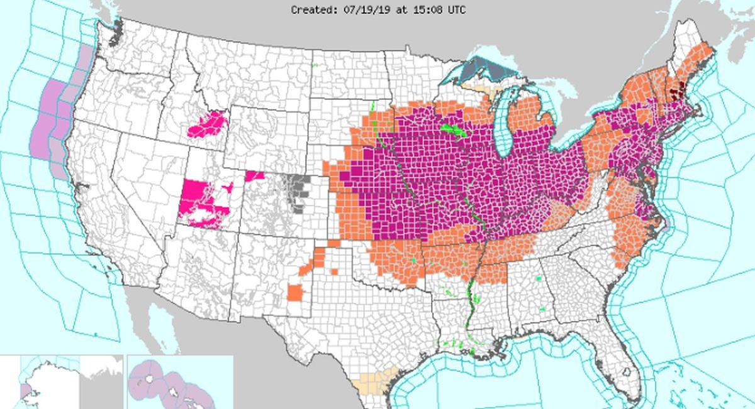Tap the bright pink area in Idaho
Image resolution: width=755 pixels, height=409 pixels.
208,124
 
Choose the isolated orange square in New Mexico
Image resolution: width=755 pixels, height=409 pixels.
294,293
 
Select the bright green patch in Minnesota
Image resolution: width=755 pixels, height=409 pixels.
452,131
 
